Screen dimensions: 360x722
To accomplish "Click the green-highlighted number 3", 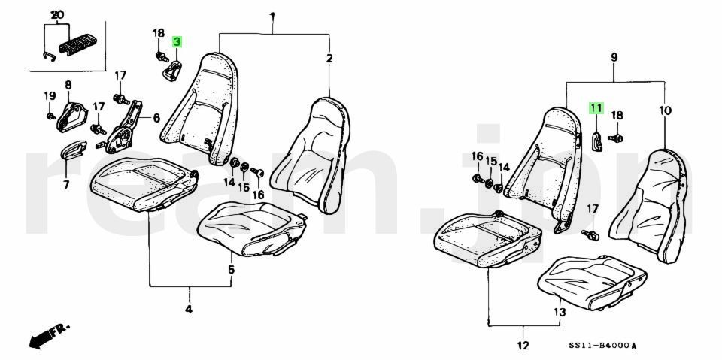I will (x=177, y=42).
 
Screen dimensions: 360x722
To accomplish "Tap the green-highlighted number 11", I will (x=595, y=108).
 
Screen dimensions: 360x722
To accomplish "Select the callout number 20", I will (x=58, y=15).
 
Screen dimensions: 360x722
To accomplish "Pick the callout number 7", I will (x=65, y=183).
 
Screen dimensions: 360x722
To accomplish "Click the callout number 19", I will (x=50, y=95).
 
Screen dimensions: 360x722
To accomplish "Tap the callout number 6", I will (x=156, y=117).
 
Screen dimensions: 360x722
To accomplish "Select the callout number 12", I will (x=523, y=346).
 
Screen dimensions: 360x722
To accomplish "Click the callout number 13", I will (x=559, y=312).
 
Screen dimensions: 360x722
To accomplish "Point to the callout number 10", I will (x=665, y=110).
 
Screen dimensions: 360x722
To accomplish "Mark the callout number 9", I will (x=614, y=57).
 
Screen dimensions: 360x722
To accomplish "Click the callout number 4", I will (x=188, y=309).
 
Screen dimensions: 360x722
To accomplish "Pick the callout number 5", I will (x=231, y=269).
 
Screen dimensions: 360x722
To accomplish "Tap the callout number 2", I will (x=329, y=58).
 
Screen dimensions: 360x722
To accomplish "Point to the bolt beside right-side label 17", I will (x=592, y=234).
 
